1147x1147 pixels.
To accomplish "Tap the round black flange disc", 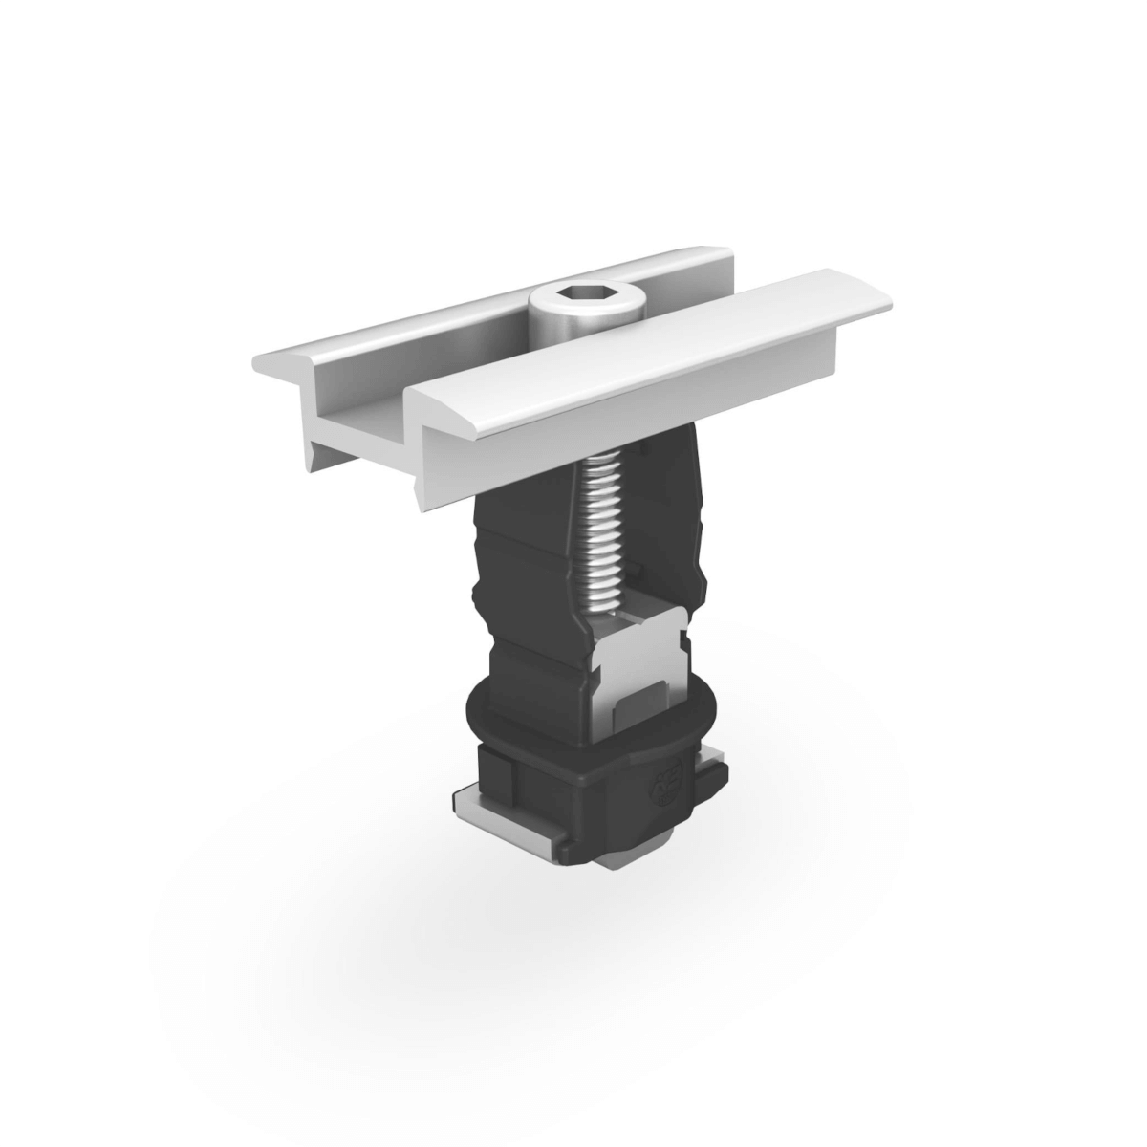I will pos(497,712).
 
